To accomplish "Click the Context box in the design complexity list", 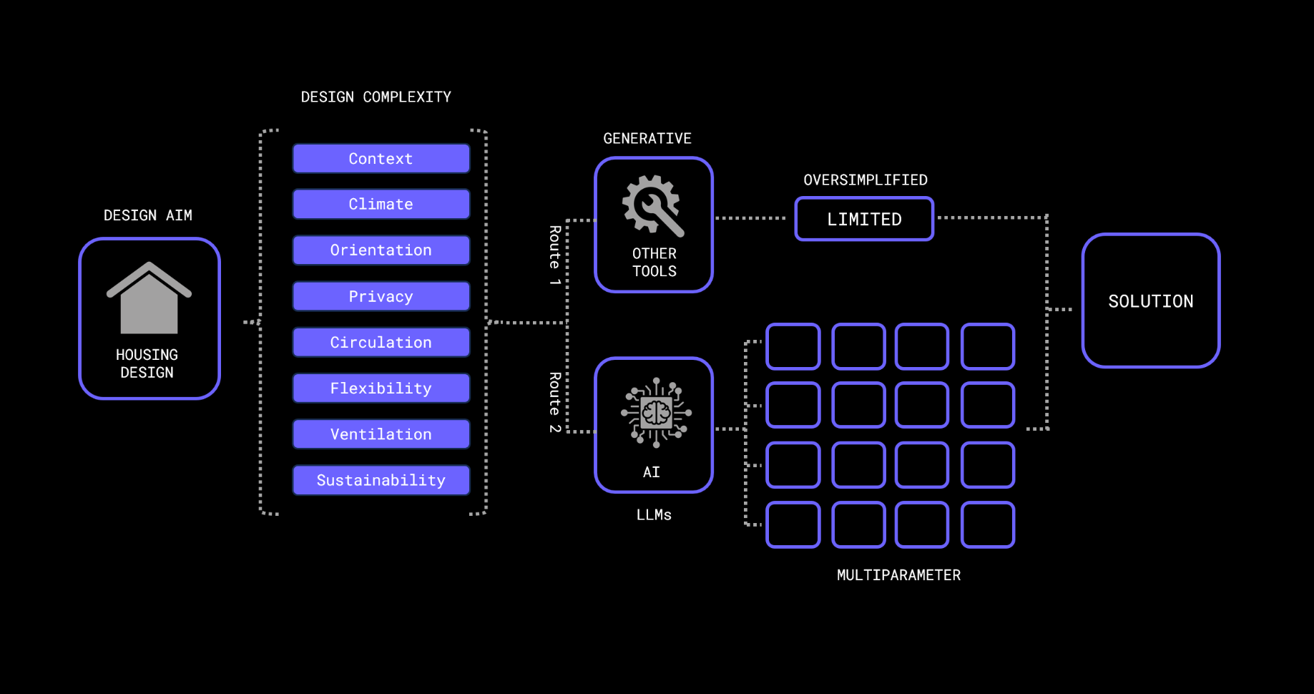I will point(381,158).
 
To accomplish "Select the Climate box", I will point(381,204).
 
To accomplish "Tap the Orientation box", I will point(381,250).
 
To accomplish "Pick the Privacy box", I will point(381,296).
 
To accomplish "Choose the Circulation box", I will point(381,342).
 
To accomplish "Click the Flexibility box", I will point(381,388).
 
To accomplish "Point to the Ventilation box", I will point(381,434).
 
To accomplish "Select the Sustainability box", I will point(381,479).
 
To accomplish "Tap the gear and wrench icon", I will point(653,205).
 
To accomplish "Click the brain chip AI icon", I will point(656,412).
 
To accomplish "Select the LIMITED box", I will point(864,219).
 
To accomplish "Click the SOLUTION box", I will point(1150,301).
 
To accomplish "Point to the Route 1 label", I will point(554,255).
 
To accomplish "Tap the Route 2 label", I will point(554,402).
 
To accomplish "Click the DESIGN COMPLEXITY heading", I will point(376,97).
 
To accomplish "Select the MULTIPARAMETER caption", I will point(898,575).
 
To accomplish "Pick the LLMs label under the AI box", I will point(654,514).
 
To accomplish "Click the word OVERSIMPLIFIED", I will point(865,180).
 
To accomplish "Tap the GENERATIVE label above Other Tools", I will point(647,138).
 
